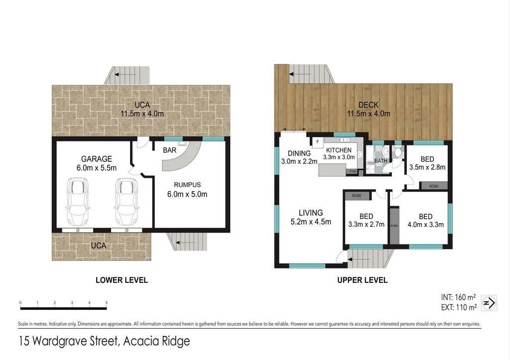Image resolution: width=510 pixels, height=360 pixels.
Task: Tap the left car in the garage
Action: click(x=76, y=201)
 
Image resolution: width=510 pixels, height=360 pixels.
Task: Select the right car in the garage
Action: click(x=125, y=201)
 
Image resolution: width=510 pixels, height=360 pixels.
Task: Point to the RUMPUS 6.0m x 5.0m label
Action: click(x=187, y=189)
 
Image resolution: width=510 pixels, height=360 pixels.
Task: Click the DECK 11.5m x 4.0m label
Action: click(x=368, y=109)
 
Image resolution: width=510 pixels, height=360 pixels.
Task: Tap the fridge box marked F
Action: click(x=317, y=142)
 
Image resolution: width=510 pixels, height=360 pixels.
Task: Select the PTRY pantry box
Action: click(x=353, y=172)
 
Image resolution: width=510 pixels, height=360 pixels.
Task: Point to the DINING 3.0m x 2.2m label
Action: click(x=299, y=157)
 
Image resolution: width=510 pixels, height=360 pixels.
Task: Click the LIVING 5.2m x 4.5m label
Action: click(x=310, y=217)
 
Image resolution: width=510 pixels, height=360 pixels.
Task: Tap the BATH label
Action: click(x=381, y=161)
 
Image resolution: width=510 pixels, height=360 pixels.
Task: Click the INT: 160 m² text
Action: click(x=459, y=298)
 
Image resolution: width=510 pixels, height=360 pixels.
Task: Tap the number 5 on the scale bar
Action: click(x=107, y=303)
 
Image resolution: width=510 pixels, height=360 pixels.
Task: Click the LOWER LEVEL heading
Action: click(x=122, y=280)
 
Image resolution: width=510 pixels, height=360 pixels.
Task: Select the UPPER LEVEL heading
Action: click(x=362, y=280)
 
